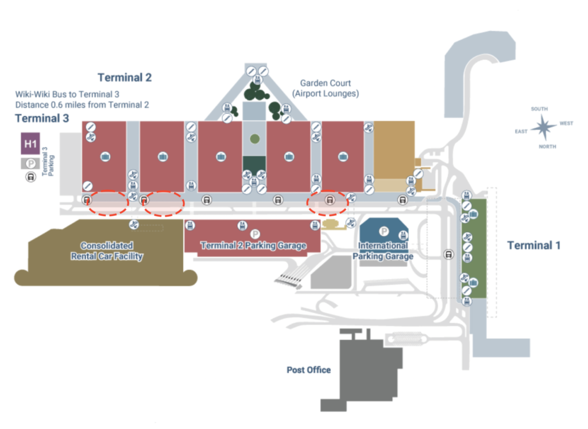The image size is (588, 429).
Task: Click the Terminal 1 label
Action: tap(533, 246)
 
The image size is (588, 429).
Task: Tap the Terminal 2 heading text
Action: tap(125, 78)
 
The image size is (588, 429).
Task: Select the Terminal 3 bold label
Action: tap(42, 118)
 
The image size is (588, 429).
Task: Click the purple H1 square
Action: tap(30, 144)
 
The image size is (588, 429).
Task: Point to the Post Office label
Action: tap(308, 370)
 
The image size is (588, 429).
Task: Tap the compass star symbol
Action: tap(543, 127)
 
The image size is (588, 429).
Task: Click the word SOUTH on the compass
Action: tap(539, 109)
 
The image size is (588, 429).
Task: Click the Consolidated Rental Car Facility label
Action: tap(107, 251)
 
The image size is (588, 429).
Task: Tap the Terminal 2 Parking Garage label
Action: tap(253, 246)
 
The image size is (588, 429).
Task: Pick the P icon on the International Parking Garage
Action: tap(384, 231)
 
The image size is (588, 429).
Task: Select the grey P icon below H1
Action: tap(29, 164)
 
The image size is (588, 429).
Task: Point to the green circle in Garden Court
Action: tap(254, 139)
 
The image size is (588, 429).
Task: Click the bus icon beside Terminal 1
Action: tap(448, 254)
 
